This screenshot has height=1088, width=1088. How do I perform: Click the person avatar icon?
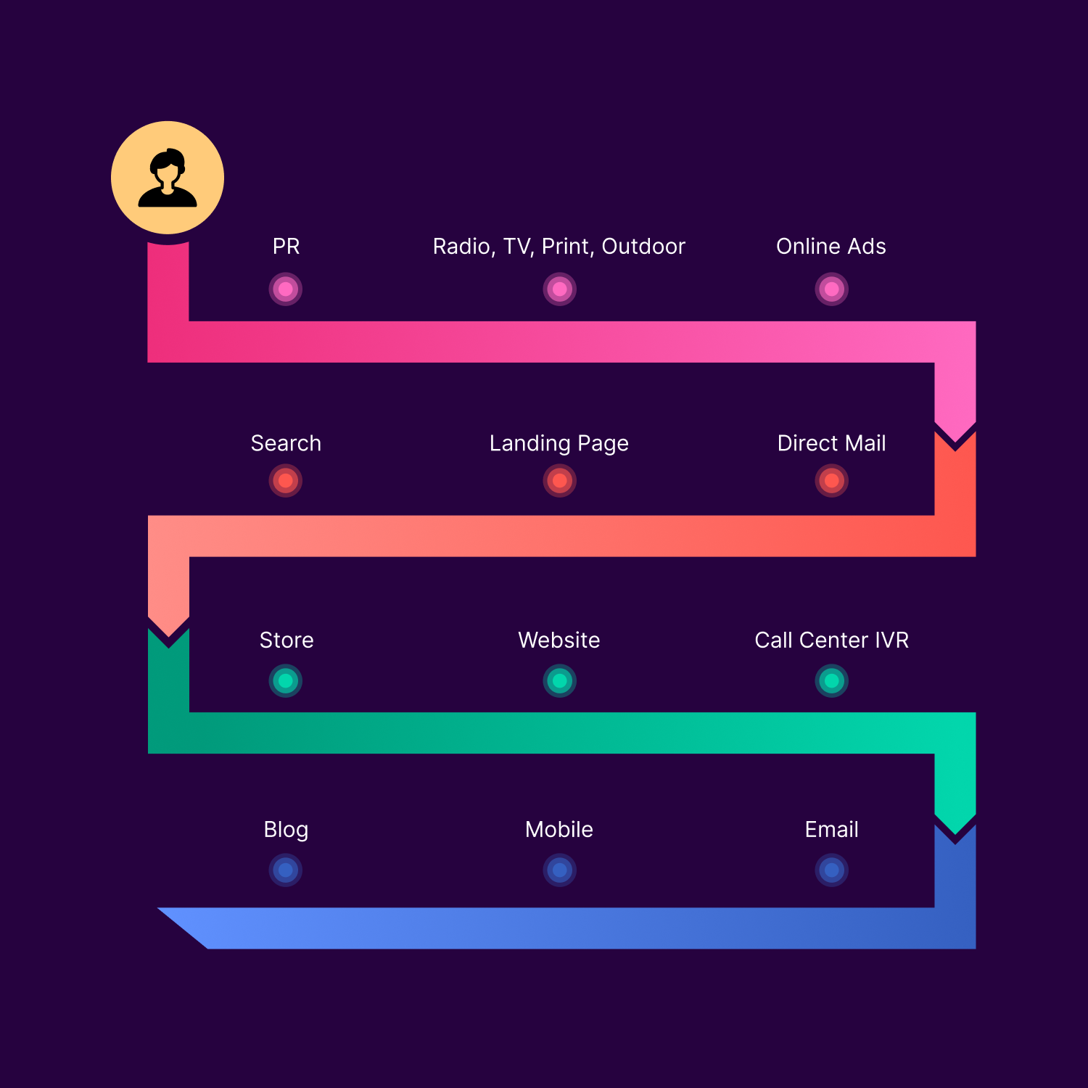tap(168, 178)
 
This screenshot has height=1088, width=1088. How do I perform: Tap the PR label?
tap(286, 247)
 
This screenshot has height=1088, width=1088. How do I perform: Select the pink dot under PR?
tap(286, 289)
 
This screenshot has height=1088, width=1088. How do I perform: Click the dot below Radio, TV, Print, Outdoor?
tap(559, 289)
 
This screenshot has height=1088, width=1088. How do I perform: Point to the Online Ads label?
tap(831, 247)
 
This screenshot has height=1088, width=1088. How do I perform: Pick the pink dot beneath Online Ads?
tap(831, 289)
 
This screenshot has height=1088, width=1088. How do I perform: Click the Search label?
tap(286, 443)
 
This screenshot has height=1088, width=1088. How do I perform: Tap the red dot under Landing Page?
tap(559, 480)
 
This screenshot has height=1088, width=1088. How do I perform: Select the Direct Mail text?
tap(831, 443)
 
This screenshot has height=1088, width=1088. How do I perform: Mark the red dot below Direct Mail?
tap(831, 480)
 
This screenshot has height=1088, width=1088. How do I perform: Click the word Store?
tap(287, 640)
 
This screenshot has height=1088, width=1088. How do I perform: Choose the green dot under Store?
tap(286, 681)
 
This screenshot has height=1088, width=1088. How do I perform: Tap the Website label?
tap(559, 640)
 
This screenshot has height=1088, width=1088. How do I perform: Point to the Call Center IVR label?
tap(831, 640)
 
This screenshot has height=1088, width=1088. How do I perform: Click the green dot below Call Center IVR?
tap(831, 681)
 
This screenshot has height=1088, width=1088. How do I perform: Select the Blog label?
tap(286, 830)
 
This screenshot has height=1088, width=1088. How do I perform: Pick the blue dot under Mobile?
tap(559, 870)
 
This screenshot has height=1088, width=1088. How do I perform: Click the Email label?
tap(831, 830)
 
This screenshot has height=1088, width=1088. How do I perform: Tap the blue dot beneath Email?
tap(831, 870)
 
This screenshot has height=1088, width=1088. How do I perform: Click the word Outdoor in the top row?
tap(643, 247)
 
